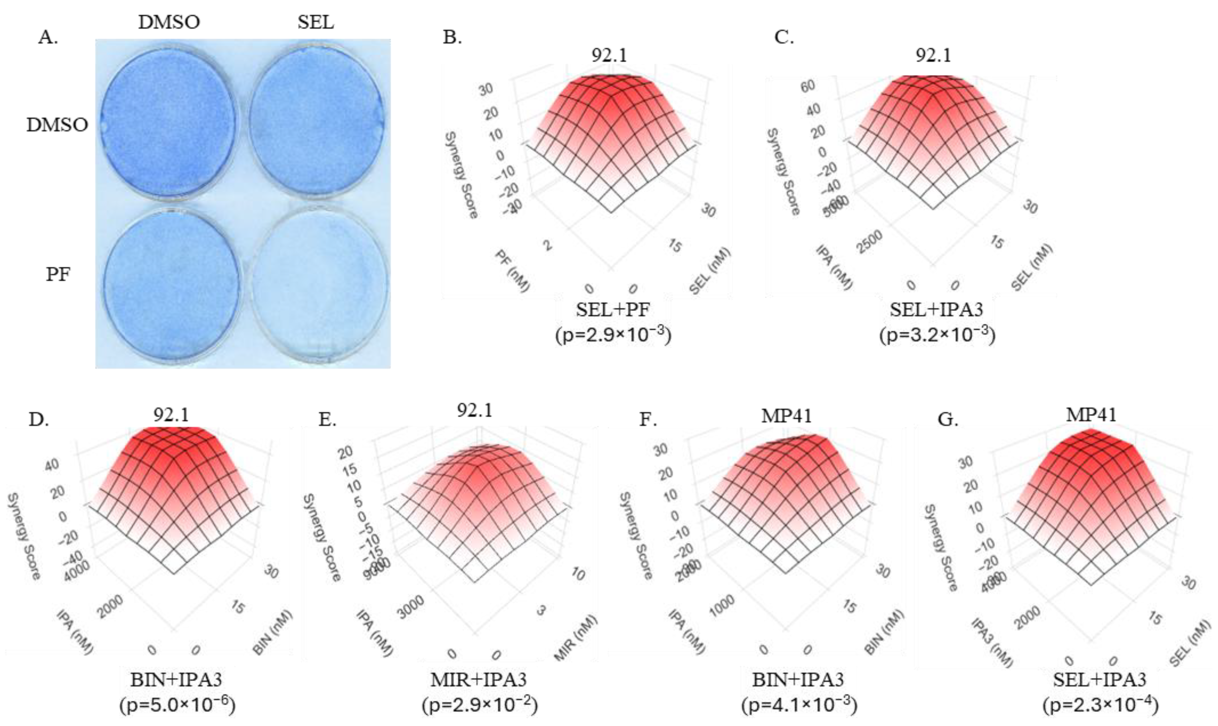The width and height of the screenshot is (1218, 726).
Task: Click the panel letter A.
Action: pyautogui.click(x=48, y=37)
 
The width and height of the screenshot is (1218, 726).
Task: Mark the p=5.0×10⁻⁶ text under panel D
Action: pyautogui.click(x=177, y=705)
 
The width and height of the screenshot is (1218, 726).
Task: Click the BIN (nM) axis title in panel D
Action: pyautogui.click(x=273, y=632)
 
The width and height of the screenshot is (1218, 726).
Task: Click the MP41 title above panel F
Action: pyautogui.click(x=787, y=416)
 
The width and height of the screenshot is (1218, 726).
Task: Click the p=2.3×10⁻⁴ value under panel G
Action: pyautogui.click(x=1100, y=705)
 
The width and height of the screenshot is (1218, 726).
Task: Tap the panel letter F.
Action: pyautogui.click(x=648, y=420)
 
